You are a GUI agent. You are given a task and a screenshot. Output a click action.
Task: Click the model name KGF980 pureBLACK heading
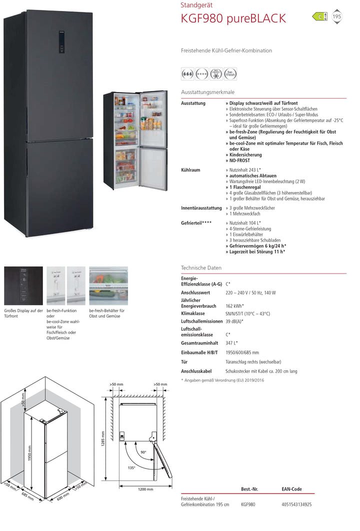click(x=233, y=19)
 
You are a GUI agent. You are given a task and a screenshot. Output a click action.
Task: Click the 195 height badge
click(x=336, y=16)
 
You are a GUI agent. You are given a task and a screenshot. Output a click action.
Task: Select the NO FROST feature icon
click(x=216, y=73)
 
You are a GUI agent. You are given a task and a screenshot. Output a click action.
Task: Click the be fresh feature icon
click(x=230, y=73)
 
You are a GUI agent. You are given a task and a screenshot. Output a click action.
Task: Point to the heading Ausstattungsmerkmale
click(x=207, y=92)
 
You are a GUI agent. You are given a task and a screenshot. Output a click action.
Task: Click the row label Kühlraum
click(x=190, y=170)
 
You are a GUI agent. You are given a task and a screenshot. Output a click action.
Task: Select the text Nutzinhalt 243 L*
click(x=245, y=170)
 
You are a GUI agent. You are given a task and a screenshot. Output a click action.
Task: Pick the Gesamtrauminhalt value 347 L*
click(x=231, y=343)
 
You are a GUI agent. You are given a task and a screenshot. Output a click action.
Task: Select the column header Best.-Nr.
click(x=249, y=489)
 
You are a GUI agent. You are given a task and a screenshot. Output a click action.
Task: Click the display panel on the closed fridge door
click(x=61, y=41)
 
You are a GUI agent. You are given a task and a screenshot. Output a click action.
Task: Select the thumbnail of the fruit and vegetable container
click(x=108, y=286)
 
